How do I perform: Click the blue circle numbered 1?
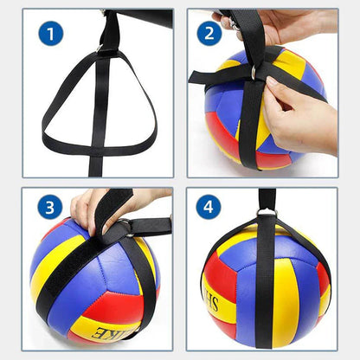click(x=51, y=34)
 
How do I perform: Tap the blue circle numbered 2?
click(x=209, y=34)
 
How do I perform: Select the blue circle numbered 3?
click(x=51, y=209)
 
